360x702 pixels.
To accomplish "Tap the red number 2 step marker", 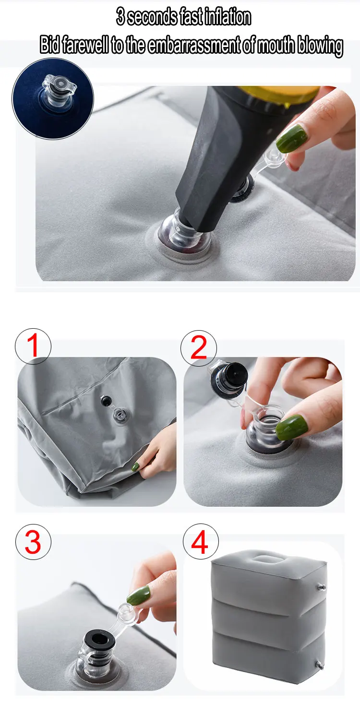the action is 199,347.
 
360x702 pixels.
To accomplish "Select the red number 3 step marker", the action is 33,542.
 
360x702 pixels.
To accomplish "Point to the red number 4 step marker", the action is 200,542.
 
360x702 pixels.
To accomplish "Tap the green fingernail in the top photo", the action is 292,138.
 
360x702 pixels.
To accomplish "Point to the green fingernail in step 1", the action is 135,467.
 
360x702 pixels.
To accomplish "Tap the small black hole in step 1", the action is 106,400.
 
